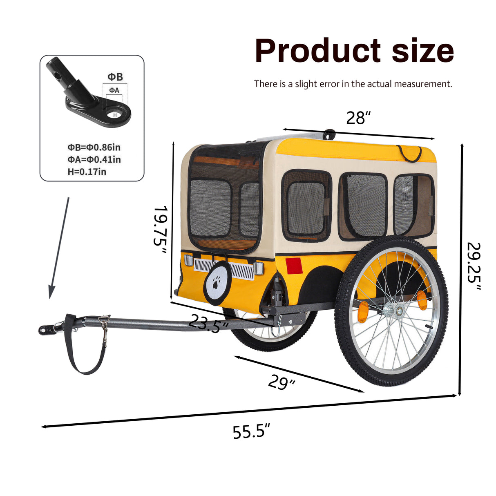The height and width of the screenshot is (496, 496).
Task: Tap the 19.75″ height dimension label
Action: click(x=160, y=229)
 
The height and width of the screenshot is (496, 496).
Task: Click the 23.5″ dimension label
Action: click(x=208, y=323)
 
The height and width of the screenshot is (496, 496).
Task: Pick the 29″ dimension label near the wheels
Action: click(x=281, y=383)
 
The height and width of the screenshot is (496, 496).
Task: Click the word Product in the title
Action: click(x=317, y=50)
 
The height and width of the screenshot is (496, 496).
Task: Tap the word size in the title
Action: click(x=423, y=51)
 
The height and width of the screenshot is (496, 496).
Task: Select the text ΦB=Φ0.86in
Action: click(x=94, y=147)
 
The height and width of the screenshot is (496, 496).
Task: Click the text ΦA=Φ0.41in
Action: click(x=94, y=159)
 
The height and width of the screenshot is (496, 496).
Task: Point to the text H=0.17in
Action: click(x=87, y=172)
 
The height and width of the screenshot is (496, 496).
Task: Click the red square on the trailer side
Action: click(x=294, y=266)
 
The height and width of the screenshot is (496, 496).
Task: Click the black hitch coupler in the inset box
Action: click(x=88, y=92)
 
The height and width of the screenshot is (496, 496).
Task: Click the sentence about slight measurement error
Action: click(x=353, y=84)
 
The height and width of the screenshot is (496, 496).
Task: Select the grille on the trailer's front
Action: click(x=223, y=268)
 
